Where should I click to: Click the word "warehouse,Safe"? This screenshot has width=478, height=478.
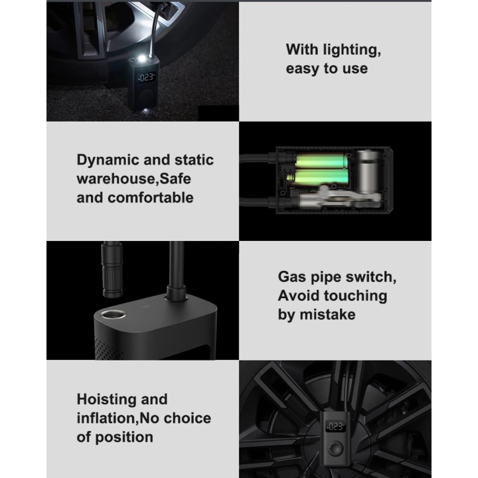click(134, 179)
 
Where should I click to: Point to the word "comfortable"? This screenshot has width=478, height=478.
click(151, 198)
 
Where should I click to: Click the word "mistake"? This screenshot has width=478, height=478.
click(328, 315)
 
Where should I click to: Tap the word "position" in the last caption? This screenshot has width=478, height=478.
click(124, 438)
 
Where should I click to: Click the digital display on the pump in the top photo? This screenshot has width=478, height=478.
click(147, 77)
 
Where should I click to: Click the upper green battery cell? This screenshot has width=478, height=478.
click(321, 161)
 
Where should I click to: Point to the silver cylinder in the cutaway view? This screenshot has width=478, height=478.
click(368, 171)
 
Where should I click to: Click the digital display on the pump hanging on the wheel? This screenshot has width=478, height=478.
click(336, 426)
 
